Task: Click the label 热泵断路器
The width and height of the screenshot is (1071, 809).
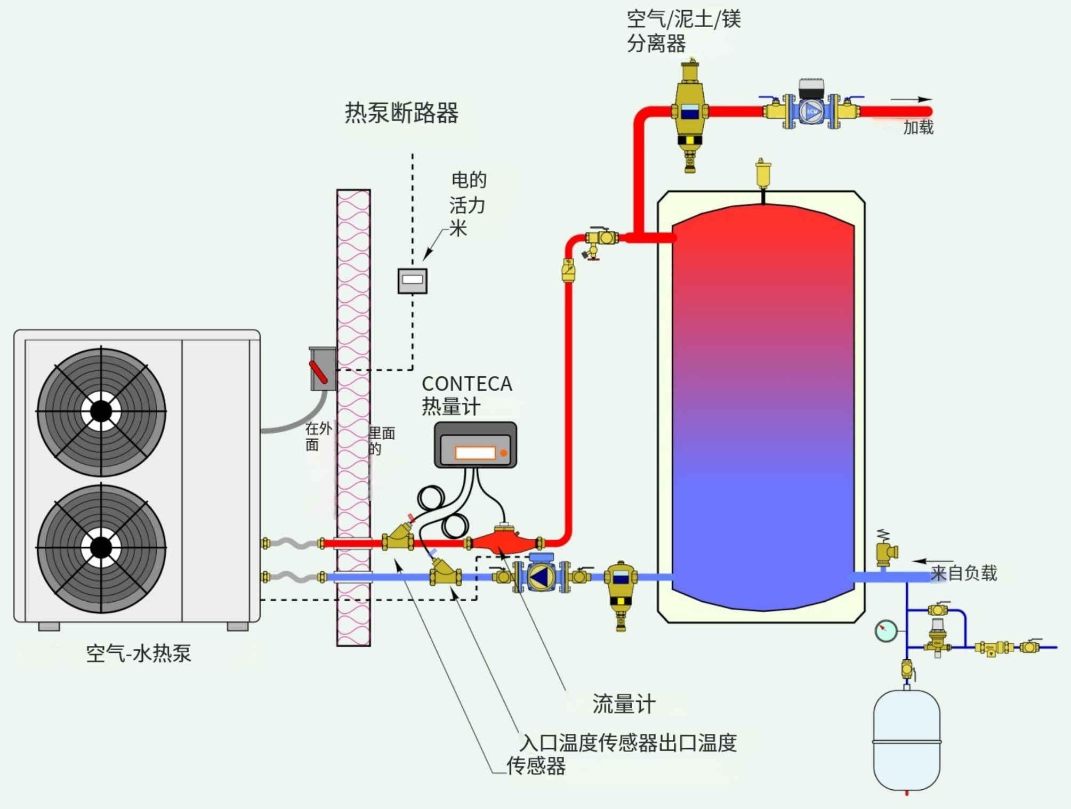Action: [401, 112]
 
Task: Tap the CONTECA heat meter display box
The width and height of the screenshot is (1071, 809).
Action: [475, 445]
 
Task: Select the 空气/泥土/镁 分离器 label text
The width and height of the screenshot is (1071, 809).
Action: [683, 31]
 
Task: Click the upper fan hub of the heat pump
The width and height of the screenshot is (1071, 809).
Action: [101, 411]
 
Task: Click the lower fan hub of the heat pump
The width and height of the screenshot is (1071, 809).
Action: [101, 547]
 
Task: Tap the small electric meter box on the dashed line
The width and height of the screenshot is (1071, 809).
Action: [413, 280]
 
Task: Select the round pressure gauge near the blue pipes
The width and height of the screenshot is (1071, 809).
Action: [885, 631]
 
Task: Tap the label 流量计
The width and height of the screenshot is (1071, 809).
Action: [624, 704]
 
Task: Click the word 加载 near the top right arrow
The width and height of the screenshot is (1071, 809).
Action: [918, 128]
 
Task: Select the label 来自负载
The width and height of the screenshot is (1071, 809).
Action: [963, 573]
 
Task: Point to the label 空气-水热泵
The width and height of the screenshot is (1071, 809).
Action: [139, 653]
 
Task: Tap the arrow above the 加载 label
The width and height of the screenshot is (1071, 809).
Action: [912, 99]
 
